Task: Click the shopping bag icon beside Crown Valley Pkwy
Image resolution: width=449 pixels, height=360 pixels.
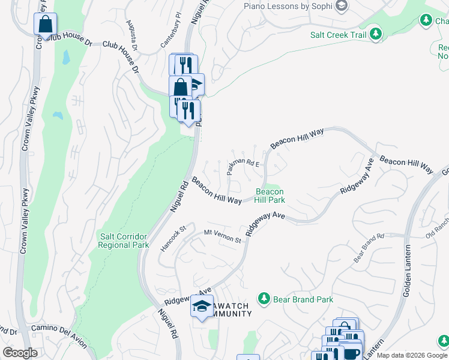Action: [x=46, y=25]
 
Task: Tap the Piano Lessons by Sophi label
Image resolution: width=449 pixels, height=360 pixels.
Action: [x=288, y=6]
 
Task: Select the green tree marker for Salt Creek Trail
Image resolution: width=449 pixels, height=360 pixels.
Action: [x=376, y=34]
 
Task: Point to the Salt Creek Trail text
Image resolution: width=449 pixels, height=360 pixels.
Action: [x=338, y=35]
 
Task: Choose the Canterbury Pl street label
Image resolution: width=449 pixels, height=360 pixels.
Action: [x=171, y=36]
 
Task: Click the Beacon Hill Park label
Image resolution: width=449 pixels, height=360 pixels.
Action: [x=270, y=196]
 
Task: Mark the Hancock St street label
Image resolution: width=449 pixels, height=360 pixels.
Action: [x=175, y=236]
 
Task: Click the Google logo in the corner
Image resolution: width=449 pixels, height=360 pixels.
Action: [x=20, y=353]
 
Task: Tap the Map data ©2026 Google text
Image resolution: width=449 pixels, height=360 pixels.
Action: [x=412, y=355]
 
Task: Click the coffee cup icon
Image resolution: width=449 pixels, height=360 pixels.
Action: [x=351, y=353]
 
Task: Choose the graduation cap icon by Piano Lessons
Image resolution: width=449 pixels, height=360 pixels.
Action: [x=341, y=7]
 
